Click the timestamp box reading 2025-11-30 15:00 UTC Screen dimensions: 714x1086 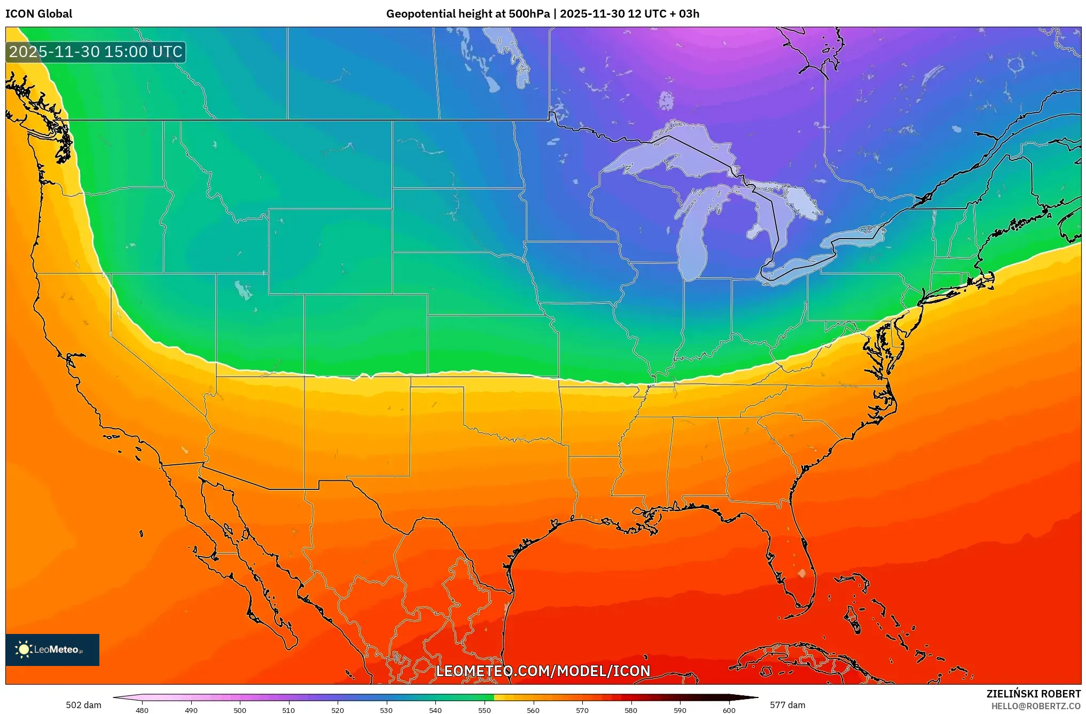(x=96, y=52)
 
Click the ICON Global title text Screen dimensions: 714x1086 (x=38, y=14)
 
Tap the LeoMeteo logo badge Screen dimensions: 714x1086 (x=52, y=649)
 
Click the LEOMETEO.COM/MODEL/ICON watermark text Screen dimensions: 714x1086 (x=543, y=671)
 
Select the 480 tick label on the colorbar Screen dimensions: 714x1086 (x=142, y=710)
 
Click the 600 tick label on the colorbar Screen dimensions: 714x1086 (x=729, y=710)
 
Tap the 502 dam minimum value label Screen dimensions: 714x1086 (x=83, y=705)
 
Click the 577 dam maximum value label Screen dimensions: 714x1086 (x=787, y=705)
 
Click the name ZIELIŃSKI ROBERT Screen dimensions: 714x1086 (x=1033, y=694)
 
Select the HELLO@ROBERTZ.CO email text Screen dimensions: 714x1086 (x=1036, y=706)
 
